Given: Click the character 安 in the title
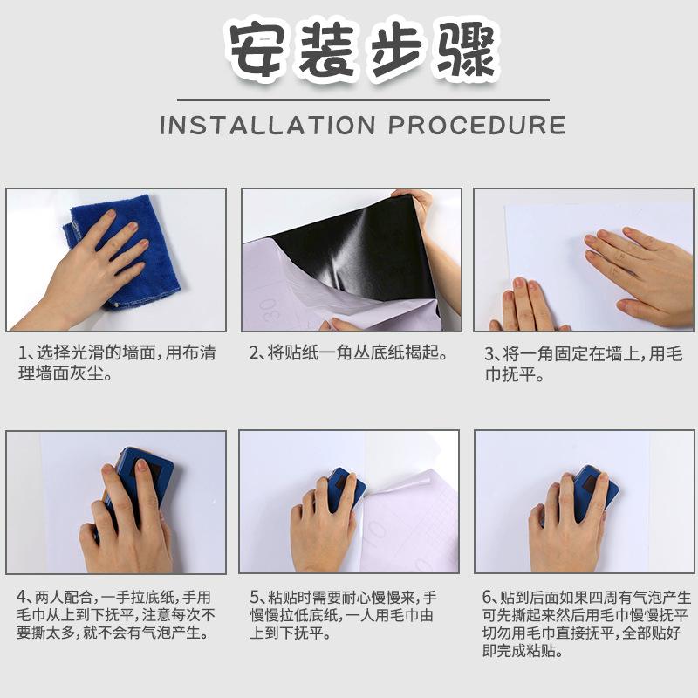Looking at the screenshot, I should [259, 50].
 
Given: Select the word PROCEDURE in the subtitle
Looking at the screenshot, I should [476, 125].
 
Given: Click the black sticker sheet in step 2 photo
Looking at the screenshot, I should [366, 253].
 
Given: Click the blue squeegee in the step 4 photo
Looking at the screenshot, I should [140, 476].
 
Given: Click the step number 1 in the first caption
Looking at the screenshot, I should [22, 354].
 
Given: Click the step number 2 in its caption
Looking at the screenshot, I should [254, 354].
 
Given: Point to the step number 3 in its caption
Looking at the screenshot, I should [489, 354].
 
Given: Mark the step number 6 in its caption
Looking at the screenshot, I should [489, 598].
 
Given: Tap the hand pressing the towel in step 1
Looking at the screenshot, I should [87, 270].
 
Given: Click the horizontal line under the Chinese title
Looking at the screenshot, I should [349, 100].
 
